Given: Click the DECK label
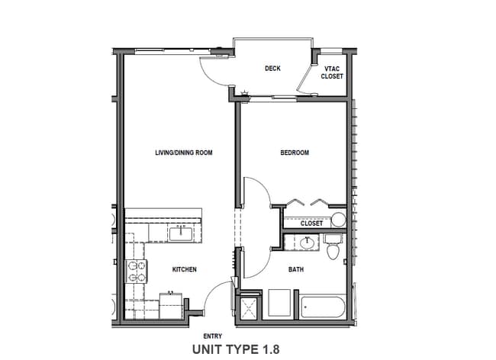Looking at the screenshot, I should tap(272, 69).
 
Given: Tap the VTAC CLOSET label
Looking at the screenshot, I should tap(332, 72).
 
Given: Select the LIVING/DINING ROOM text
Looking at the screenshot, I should tap(183, 153).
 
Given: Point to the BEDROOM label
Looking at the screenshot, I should tap(295, 153).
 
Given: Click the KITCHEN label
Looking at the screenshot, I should tap(185, 269).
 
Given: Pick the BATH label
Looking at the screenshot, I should tap(297, 269).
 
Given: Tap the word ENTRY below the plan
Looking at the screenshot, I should tap(214, 336).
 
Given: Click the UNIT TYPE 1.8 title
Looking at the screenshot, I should tap(237, 349).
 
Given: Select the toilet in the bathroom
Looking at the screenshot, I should tap(333, 249).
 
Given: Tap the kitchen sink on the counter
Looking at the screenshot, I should tap(181, 233).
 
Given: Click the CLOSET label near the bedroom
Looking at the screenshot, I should tap(311, 223).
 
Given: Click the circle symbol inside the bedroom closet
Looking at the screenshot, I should tap(338, 220).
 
